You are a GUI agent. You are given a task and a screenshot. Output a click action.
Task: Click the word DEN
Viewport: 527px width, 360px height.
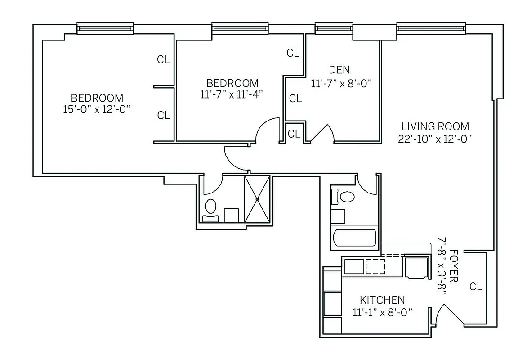[339, 70]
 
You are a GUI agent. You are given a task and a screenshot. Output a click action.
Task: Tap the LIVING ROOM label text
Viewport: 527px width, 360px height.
[435, 126]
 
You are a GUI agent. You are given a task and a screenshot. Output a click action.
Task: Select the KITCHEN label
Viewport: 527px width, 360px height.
[382, 300]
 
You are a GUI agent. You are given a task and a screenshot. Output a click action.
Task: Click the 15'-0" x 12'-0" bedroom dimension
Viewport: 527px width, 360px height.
[97, 109]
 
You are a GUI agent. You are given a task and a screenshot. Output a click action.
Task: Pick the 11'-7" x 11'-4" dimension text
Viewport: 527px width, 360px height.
[232, 94]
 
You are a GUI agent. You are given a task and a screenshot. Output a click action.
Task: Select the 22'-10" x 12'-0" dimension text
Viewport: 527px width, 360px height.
[435, 139]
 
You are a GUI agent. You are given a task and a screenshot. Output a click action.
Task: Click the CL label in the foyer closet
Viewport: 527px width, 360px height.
[475, 286]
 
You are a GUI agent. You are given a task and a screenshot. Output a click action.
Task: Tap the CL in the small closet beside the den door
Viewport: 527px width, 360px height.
[294, 134]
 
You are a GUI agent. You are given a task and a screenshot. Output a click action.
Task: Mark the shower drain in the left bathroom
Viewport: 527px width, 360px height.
[257, 198]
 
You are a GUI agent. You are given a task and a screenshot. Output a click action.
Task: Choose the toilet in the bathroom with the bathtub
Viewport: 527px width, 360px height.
[347, 197]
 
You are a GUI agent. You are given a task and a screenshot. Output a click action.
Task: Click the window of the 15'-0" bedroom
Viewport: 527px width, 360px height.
[105, 28]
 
